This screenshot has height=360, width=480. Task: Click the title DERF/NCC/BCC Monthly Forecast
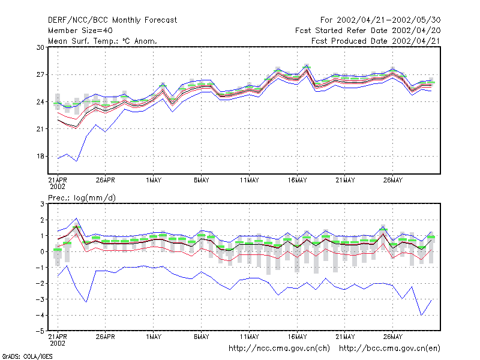point(112,20)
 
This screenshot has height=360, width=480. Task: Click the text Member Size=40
point(80,31)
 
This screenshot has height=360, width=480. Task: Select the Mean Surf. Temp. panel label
point(102,41)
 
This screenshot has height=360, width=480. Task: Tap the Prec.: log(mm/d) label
point(82,198)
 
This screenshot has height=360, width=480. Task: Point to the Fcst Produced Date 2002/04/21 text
point(376,41)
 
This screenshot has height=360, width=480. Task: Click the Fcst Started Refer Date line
point(368,31)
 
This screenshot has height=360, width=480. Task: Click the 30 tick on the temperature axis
point(40,47)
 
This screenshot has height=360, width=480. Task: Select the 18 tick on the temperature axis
point(40,157)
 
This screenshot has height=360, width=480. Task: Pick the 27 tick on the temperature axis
point(40,74)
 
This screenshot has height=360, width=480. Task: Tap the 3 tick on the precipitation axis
point(42,204)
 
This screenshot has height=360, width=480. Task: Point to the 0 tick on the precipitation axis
point(42,251)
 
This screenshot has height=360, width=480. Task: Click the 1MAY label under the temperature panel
point(154,181)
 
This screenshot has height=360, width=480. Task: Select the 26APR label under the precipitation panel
point(106,337)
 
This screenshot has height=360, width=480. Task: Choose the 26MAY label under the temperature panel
point(393,181)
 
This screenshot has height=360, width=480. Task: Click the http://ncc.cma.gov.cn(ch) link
point(279,349)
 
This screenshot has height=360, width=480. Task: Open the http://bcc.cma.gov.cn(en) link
point(389,349)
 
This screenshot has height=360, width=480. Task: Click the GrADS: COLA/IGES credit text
point(27,356)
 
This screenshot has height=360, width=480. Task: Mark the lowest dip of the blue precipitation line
point(422,315)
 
